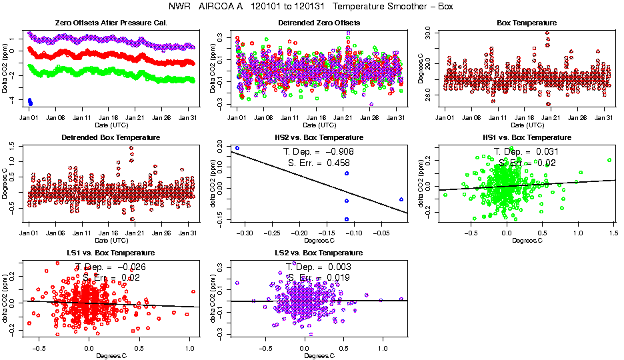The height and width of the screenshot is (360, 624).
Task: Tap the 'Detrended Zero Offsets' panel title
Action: click(x=319, y=23)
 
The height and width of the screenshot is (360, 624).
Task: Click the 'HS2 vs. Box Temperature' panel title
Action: click(x=319, y=138)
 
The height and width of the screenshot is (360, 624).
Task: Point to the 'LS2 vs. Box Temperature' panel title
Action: click(x=319, y=253)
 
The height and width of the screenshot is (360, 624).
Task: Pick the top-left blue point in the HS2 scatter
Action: click(x=237, y=148)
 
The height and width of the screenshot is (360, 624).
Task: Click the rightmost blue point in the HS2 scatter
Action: click(x=401, y=199)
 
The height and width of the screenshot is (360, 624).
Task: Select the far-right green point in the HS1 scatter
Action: click(x=609, y=160)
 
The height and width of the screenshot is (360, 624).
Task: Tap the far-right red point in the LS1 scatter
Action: click(x=193, y=291)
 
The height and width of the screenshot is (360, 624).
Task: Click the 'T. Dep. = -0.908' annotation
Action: click(x=319, y=151)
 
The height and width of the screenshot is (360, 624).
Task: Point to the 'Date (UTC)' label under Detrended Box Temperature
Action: click(x=111, y=240)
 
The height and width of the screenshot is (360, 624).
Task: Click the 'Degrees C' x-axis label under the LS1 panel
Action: click(x=111, y=355)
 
